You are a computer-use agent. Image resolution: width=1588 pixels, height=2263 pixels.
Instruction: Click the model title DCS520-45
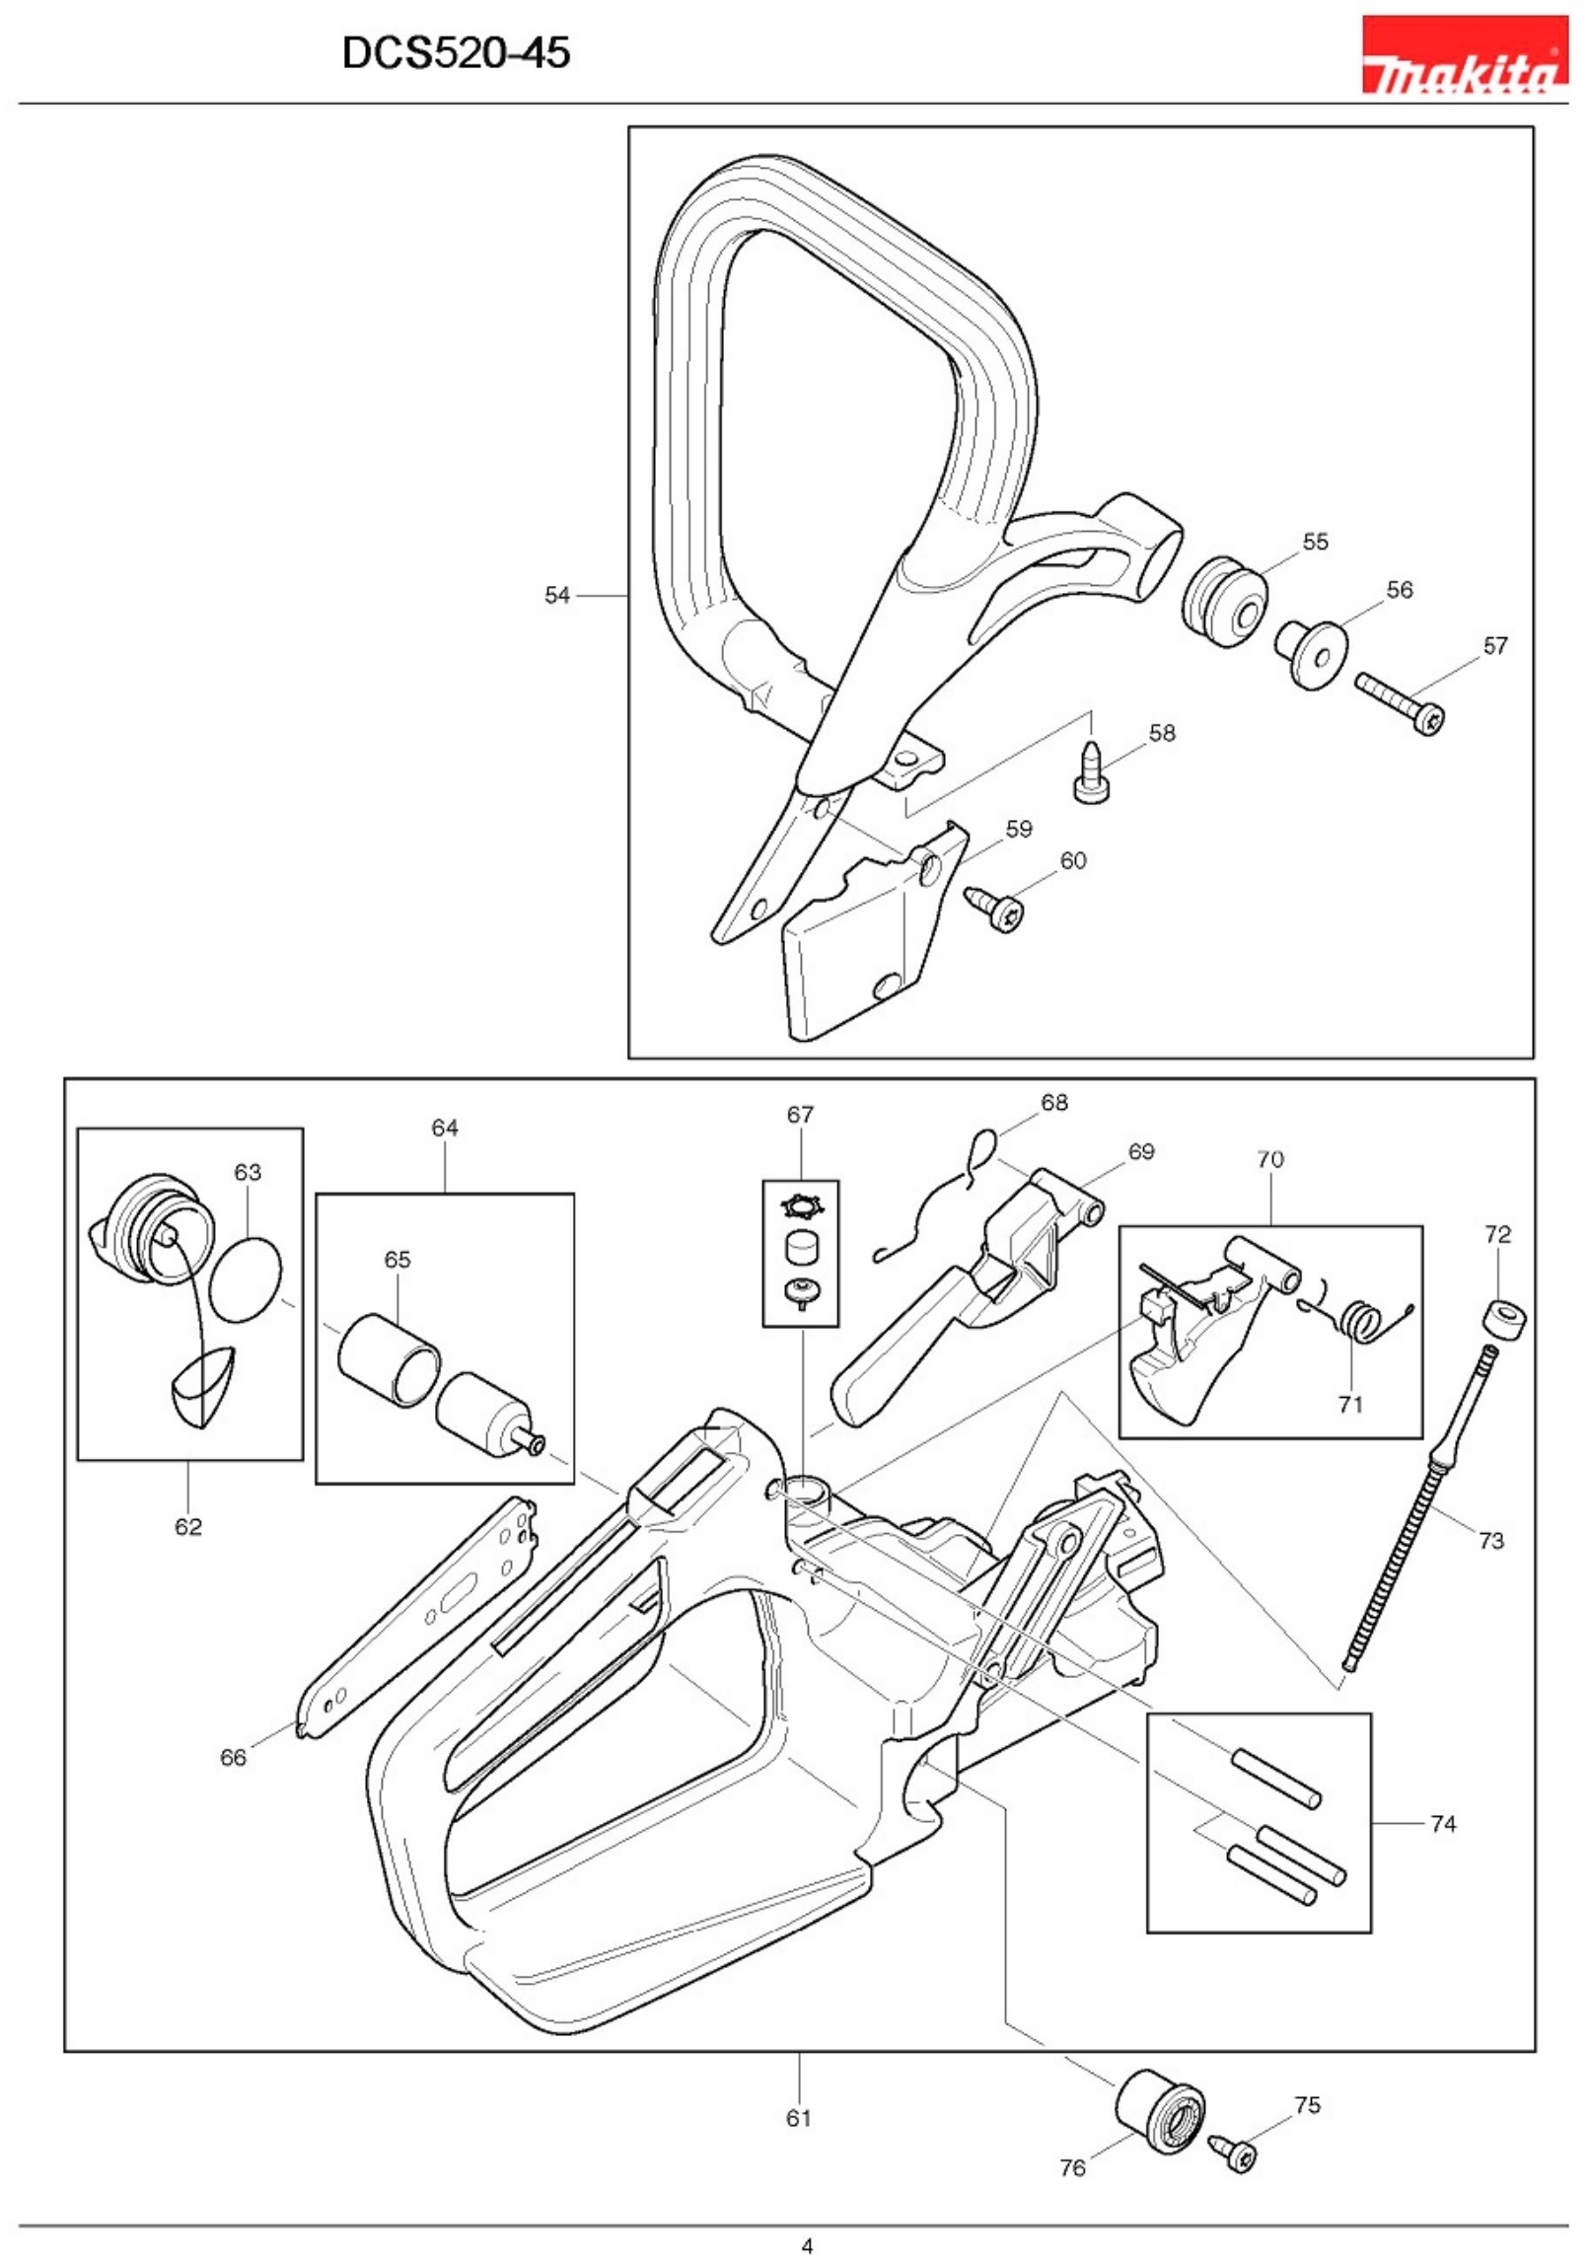click(456, 52)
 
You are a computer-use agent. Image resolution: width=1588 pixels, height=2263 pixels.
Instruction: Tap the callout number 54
click(557, 595)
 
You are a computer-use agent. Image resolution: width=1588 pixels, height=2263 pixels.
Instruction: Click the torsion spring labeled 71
click(1362, 1321)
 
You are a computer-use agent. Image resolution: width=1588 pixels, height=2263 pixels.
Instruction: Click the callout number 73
click(1490, 1540)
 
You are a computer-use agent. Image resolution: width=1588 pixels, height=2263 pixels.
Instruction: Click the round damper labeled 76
click(1160, 2111)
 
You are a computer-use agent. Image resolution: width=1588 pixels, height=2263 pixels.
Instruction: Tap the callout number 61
click(798, 2118)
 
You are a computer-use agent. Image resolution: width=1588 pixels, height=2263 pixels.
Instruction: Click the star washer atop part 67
click(800, 1206)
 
